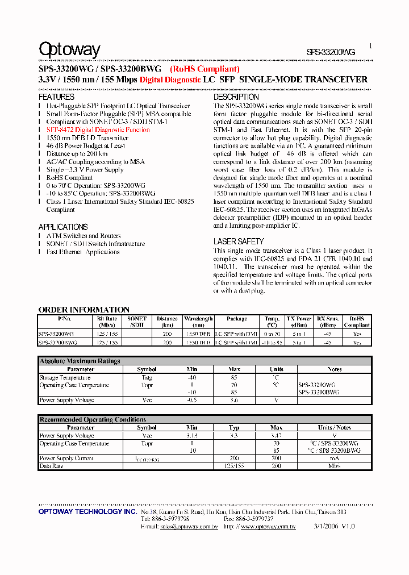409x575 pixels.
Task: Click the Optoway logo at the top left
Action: click(x=69, y=50)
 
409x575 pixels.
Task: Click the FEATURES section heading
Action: click(x=56, y=97)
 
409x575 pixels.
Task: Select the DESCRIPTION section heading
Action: click(x=236, y=97)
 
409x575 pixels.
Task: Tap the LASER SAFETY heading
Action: click(x=239, y=241)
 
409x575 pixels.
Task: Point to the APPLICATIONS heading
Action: click(x=63, y=227)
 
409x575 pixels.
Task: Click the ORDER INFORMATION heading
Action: click(x=84, y=310)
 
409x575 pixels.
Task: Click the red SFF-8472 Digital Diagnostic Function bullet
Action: click(x=98, y=130)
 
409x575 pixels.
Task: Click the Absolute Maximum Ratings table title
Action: click(x=80, y=361)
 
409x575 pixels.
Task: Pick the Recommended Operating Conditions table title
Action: click(x=93, y=419)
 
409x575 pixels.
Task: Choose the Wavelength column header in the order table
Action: click(x=198, y=322)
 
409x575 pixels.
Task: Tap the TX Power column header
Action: click(x=299, y=322)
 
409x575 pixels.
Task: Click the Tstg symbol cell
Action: click(x=147, y=377)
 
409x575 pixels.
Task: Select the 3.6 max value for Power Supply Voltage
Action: click(x=235, y=400)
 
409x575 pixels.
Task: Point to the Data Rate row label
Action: click(x=51, y=466)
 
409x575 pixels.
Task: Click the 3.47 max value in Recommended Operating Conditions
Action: click(x=276, y=436)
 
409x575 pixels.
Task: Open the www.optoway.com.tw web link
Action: click(x=268, y=527)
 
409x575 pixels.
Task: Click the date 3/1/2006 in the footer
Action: click(x=324, y=527)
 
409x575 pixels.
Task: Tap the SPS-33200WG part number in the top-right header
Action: click(x=331, y=52)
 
